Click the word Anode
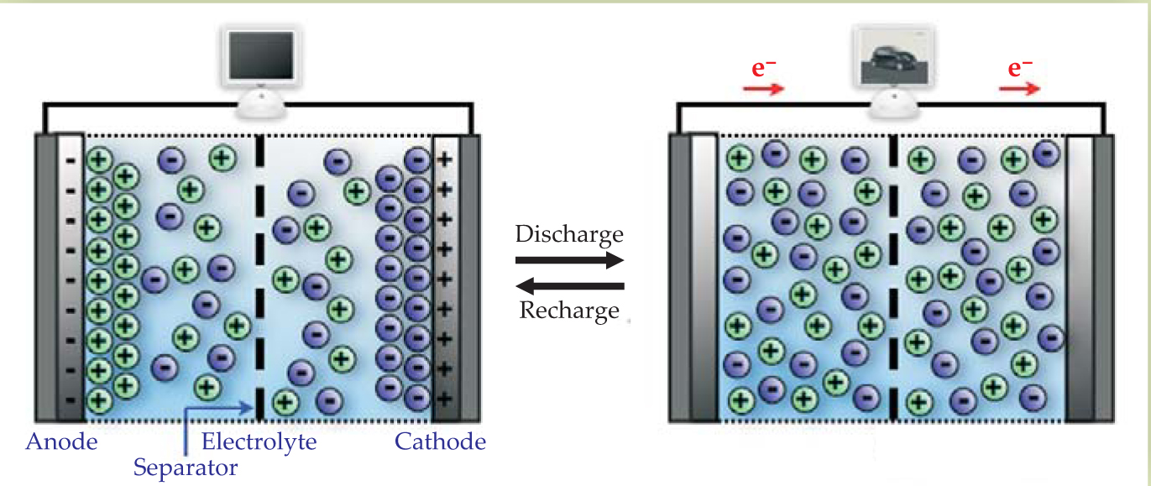point(61,442)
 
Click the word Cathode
point(440,442)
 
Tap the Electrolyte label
point(259,442)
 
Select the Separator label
point(186,467)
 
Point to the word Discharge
point(569,233)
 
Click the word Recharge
point(569,311)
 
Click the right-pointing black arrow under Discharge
point(569,260)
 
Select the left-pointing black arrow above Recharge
point(569,286)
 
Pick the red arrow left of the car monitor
point(763,88)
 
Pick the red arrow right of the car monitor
point(1018,88)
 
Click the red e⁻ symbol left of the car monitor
point(763,67)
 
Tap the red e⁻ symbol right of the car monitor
point(1019,67)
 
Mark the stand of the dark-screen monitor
point(259,106)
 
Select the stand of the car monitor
point(892,104)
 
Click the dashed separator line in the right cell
point(893,277)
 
